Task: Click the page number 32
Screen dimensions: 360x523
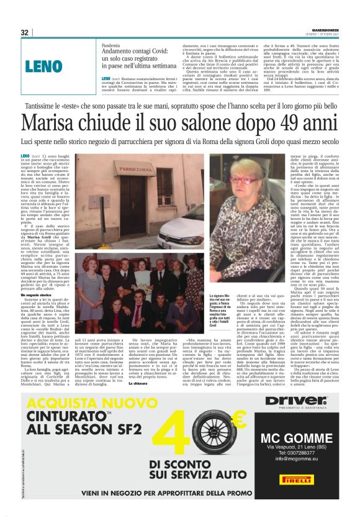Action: [25, 32]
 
